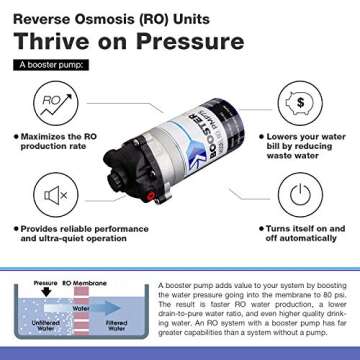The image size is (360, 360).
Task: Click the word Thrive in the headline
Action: [61, 40]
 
